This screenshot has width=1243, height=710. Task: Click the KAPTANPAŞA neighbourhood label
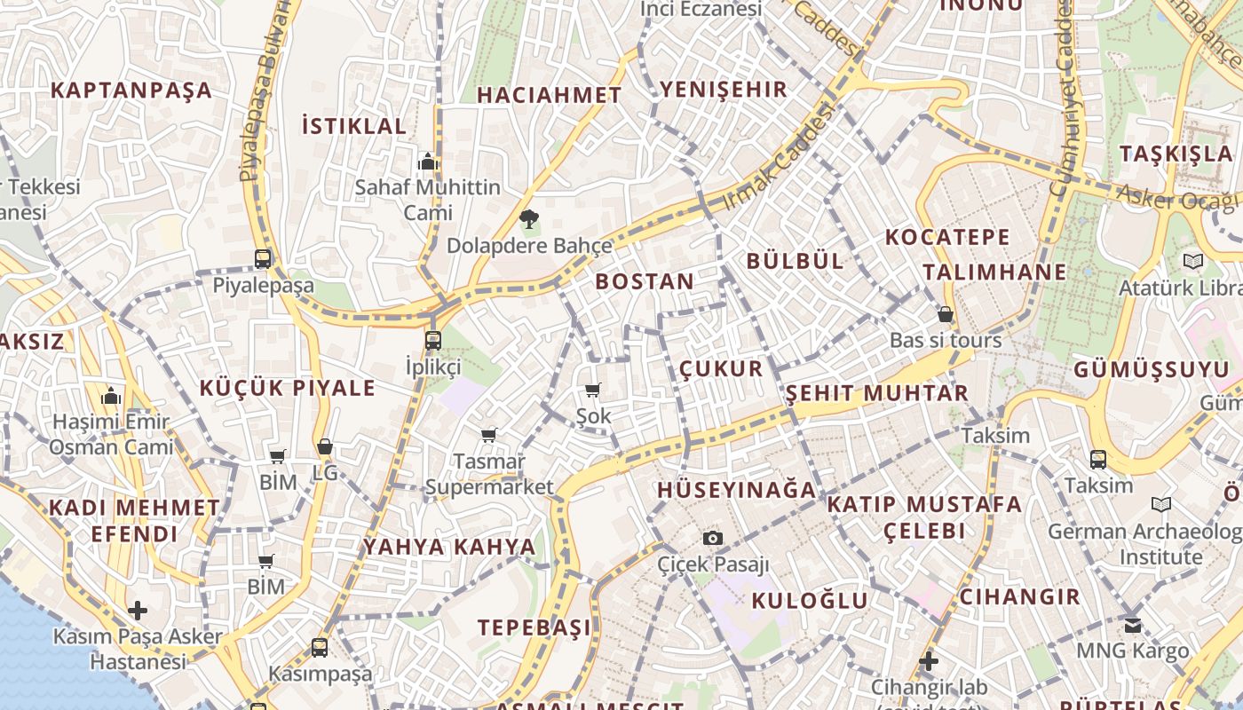click(131, 91)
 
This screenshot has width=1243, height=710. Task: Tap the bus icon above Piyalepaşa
click(263, 259)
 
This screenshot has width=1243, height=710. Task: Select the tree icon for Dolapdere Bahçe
click(529, 218)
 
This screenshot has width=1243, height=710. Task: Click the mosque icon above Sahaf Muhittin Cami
click(428, 162)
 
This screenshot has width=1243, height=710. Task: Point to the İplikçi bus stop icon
click(432, 340)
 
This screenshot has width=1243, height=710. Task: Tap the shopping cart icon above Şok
click(593, 390)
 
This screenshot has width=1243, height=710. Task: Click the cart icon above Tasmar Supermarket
click(488, 435)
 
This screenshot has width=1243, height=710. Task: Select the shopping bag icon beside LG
click(325, 447)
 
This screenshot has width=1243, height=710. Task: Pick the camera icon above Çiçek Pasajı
click(712, 538)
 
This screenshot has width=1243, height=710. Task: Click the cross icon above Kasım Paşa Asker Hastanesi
click(138, 611)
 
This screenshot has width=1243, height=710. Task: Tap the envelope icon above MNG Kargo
click(1133, 625)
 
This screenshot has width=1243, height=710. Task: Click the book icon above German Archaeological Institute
click(1160, 505)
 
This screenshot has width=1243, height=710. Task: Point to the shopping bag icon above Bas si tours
click(946, 314)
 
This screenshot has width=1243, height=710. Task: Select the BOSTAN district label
click(645, 282)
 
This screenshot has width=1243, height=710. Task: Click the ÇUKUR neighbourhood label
click(721, 369)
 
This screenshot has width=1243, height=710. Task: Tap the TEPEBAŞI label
click(534, 627)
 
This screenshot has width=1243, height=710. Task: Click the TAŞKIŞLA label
click(1176, 154)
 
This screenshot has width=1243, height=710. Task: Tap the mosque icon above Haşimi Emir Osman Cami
click(112, 396)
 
